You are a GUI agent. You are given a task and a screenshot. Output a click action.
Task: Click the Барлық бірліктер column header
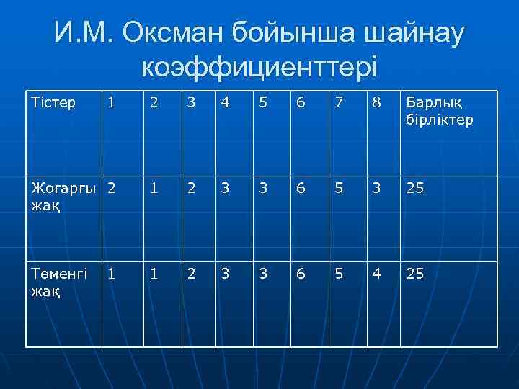pos(440,111)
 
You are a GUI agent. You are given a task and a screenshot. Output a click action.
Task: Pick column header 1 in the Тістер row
pos(111,102)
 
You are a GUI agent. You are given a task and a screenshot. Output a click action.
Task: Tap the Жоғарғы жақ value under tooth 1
pos(111,189)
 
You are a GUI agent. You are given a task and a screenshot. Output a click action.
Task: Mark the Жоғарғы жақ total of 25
pos(417,189)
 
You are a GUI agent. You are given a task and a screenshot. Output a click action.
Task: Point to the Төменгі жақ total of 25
pos(417,274)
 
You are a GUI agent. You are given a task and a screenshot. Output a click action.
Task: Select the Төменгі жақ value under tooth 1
pos(111,274)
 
